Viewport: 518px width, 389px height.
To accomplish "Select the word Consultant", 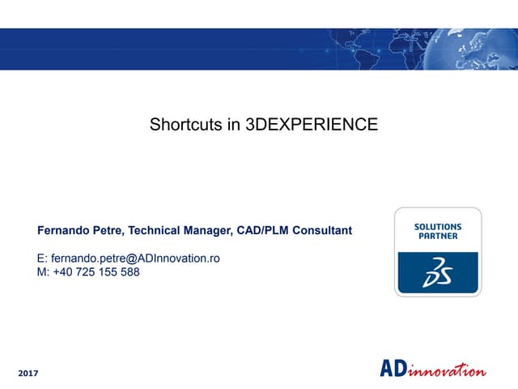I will (x=322, y=231).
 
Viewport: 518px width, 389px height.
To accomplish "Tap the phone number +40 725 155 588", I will (x=96, y=272).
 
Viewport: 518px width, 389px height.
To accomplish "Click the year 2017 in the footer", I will (x=28, y=373).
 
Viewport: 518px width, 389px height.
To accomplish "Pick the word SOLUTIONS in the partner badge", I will (x=438, y=227).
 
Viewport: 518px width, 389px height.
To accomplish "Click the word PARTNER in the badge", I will (x=438, y=237).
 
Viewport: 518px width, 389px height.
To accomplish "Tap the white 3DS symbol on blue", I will (x=437, y=272).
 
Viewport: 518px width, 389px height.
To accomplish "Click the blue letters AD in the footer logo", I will (x=393, y=369).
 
